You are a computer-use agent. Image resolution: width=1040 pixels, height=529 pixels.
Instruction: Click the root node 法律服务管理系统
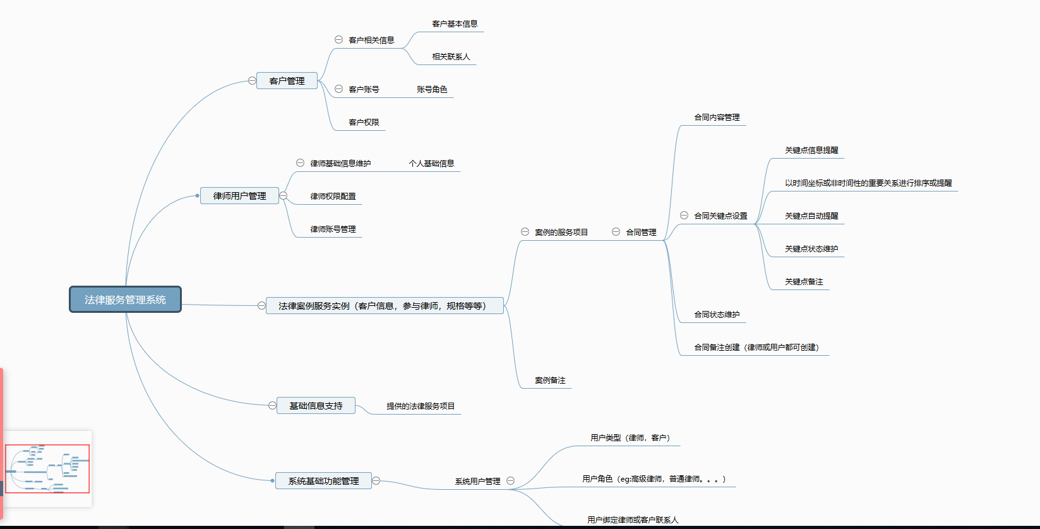coord(125,300)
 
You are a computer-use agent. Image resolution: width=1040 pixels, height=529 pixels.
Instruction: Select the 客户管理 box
coord(287,81)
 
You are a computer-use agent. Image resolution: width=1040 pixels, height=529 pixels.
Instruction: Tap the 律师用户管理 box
coord(239,196)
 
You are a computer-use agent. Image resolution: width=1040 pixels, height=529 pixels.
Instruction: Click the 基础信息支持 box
coord(316,406)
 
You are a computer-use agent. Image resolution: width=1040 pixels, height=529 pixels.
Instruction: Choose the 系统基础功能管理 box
coord(323,481)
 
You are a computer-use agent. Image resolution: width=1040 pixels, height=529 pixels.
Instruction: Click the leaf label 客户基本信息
coord(455,24)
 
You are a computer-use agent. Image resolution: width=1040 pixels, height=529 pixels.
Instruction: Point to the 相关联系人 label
coord(451,57)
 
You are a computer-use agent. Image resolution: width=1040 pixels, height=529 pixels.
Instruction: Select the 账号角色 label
coord(432,90)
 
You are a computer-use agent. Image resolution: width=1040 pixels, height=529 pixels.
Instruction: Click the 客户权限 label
coord(364,123)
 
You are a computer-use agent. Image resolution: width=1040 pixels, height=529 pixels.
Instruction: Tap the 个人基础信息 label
coord(431,164)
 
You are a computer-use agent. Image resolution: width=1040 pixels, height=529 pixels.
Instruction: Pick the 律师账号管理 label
coord(333,229)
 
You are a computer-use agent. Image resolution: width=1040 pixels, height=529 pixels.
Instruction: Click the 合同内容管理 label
coord(717,118)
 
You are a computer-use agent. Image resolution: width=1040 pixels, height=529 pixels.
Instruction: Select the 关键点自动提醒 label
coord(811,216)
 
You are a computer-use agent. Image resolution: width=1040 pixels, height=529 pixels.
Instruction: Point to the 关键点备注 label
coord(804,282)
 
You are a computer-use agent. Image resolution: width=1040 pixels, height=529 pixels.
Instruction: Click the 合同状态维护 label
coord(717,315)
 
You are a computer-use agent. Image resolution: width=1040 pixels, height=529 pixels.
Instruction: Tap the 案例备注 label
coord(550,380)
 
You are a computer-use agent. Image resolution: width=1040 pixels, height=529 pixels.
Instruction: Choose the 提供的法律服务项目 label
coord(421,406)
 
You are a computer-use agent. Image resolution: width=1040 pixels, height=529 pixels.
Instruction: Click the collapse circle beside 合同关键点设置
coord(684,216)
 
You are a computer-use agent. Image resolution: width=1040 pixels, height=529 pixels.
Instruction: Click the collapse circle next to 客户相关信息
coord(338,40)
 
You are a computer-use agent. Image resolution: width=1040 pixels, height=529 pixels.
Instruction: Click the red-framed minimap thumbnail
coord(47,468)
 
